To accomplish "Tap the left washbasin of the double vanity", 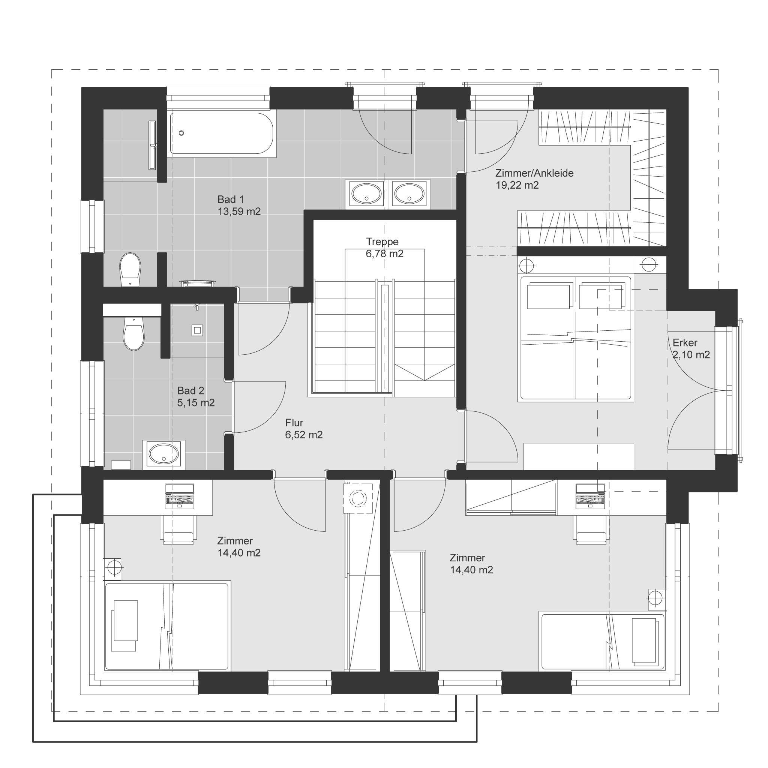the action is click(x=366, y=193).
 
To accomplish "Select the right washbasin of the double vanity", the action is click(x=409, y=193).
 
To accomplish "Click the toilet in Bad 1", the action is click(x=130, y=270).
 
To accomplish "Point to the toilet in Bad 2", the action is click(x=133, y=333).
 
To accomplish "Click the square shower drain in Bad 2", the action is click(x=198, y=330).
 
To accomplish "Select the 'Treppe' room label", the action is click(x=382, y=242).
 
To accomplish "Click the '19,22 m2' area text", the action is click(x=517, y=185).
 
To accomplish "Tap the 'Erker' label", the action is click(x=685, y=343).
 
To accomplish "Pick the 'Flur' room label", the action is click(x=294, y=423).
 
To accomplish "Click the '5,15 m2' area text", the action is click(x=196, y=403).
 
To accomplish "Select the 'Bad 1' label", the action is click(x=231, y=199).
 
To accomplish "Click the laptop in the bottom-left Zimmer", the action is click(x=180, y=496).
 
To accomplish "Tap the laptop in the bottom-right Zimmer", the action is click(x=590, y=496).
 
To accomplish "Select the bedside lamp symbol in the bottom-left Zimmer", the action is click(x=113, y=567).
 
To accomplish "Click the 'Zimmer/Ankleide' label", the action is click(x=534, y=173).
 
